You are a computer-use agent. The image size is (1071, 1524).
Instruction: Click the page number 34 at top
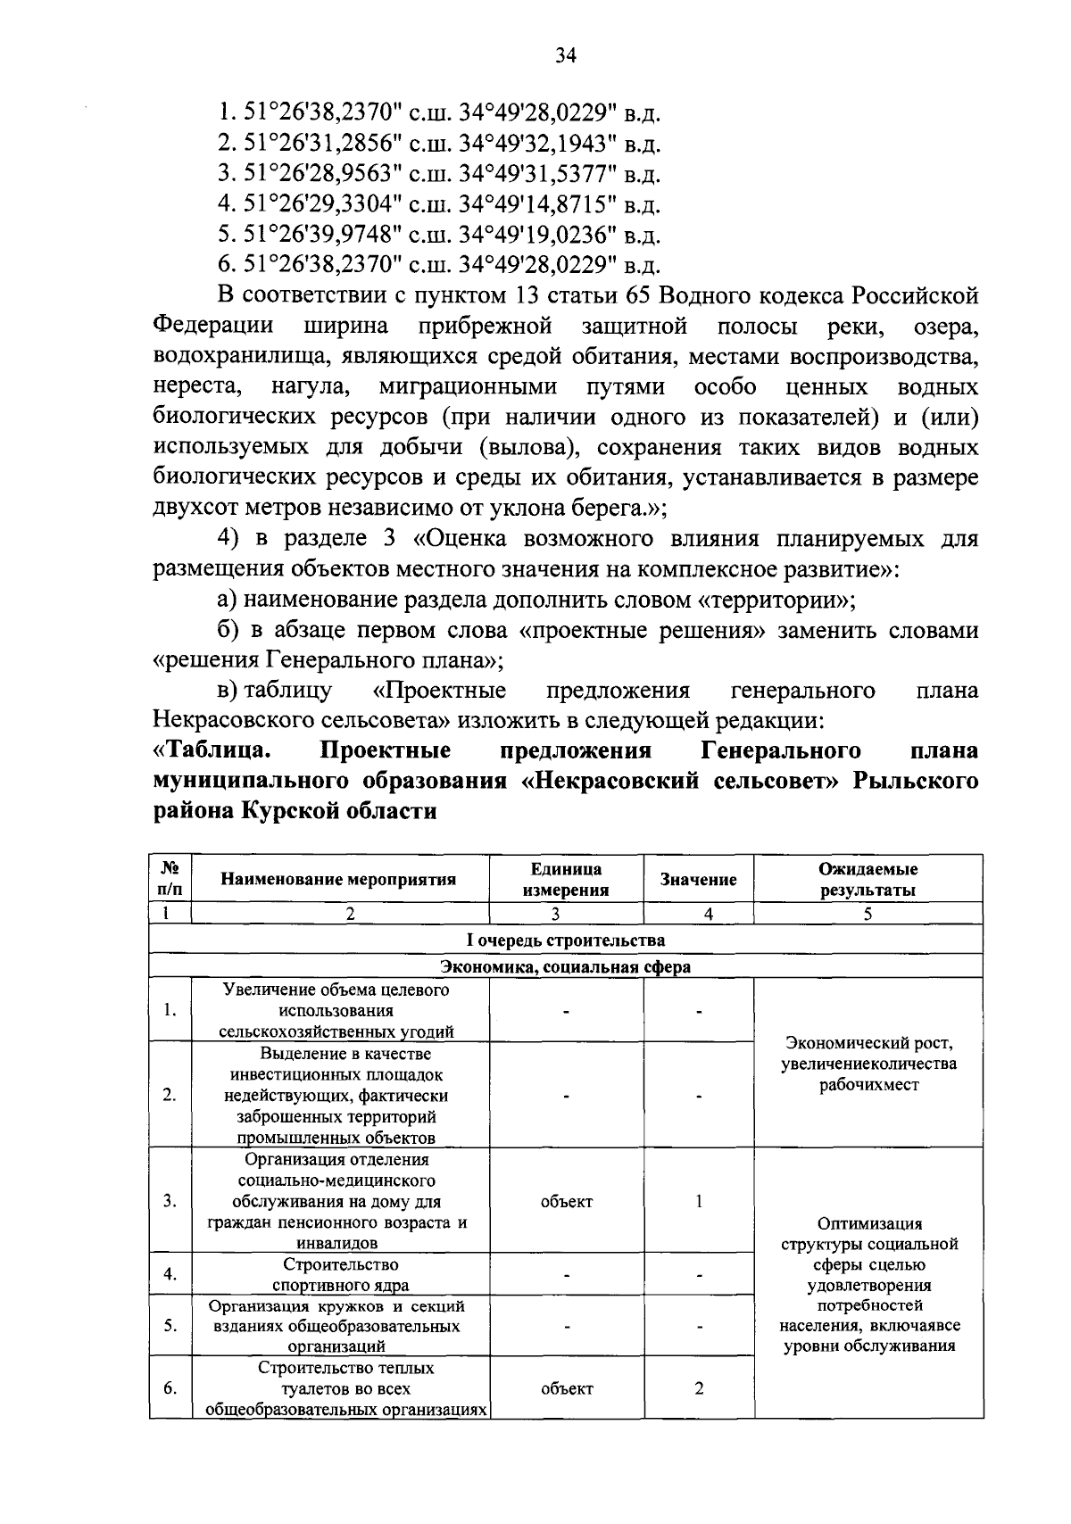pyautogui.click(x=566, y=56)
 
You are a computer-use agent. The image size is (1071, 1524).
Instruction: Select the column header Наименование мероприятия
pyautogui.click(x=338, y=880)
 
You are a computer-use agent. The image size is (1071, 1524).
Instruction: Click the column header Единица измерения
pyautogui.click(x=566, y=880)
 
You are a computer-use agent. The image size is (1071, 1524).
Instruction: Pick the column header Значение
pyautogui.click(x=698, y=880)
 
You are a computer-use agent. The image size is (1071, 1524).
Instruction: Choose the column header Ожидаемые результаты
pyautogui.click(x=868, y=880)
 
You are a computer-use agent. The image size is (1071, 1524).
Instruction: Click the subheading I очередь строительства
pyautogui.click(x=566, y=940)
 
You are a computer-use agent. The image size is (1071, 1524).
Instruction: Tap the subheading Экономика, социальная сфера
pyautogui.click(x=566, y=967)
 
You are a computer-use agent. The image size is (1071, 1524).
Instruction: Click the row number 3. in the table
pyautogui.click(x=170, y=1201)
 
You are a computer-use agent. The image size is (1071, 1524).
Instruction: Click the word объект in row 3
pyautogui.click(x=566, y=1201)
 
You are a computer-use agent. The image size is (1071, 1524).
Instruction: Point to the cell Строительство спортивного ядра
pyautogui.click(x=340, y=1275)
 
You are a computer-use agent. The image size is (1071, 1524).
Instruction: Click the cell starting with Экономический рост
pyautogui.click(x=868, y=1064)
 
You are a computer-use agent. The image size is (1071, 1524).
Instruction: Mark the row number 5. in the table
pyautogui.click(x=170, y=1326)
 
